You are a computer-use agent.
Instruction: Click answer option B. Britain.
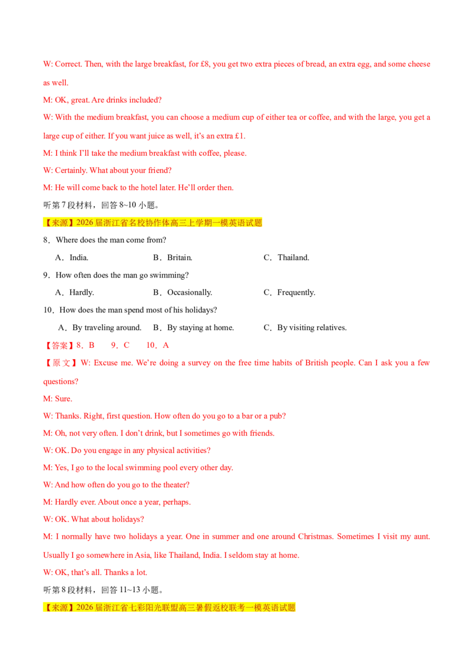172,258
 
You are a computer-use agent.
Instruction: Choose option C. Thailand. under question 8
286,258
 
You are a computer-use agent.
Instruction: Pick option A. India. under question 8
72,258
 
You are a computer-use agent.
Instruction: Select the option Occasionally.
182,293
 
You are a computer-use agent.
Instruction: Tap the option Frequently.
289,293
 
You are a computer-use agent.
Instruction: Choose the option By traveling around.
100,328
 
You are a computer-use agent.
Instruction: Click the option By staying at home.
193,328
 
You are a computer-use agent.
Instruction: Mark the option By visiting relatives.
305,328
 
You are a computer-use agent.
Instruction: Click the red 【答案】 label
59,346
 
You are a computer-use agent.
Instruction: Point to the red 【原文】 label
61,363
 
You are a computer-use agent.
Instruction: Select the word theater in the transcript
175,485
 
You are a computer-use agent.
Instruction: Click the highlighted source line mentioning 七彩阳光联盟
169,608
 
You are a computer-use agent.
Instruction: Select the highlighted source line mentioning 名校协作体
153,222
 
